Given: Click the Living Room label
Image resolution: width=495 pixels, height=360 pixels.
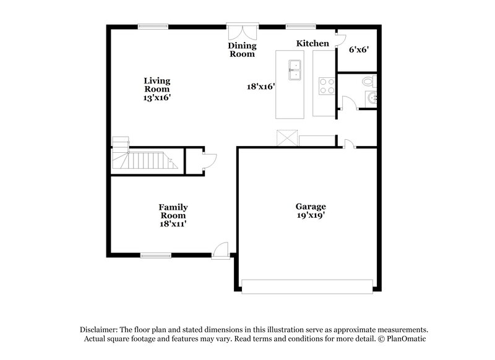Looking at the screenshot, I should pos(157,85).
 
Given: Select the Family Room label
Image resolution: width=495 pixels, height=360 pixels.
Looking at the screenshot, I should pos(173,211).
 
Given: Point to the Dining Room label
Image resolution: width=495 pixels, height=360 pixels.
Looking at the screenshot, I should pos(241,49).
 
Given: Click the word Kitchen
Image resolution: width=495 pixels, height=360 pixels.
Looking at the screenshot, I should pos(312,43).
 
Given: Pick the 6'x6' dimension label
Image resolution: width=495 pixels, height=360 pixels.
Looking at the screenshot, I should pos(358,50).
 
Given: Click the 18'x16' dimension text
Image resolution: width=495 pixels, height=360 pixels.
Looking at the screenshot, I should pos(260,87).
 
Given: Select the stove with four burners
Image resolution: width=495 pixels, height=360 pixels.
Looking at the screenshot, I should pos(325,86).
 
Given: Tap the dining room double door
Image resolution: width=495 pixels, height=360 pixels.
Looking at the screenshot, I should pos(241,32).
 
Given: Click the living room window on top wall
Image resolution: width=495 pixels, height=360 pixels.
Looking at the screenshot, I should pos(153,26).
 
